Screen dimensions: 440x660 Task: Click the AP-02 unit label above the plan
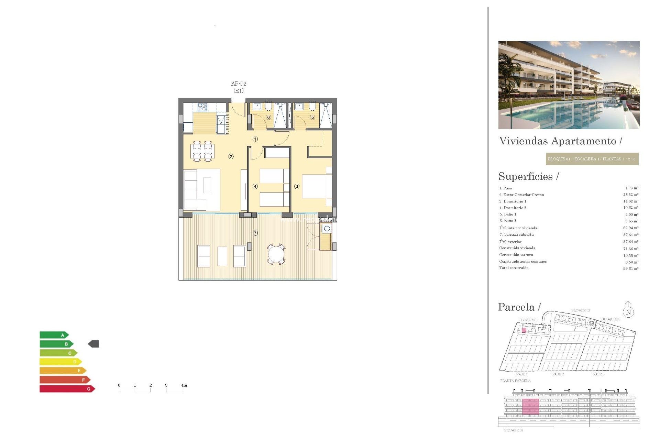click(x=239, y=84)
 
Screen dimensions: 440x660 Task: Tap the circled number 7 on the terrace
click(x=255, y=233)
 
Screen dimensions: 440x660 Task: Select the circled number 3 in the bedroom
click(x=297, y=186)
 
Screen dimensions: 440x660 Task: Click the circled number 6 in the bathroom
click(x=268, y=117)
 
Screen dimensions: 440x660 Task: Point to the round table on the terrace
click(x=276, y=255)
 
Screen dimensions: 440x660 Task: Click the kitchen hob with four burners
click(x=202, y=107)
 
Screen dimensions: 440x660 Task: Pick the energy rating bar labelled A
click(x=54, y=335)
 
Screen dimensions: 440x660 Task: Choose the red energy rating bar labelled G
click(x=67, y=389)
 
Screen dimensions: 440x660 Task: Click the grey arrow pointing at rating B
click(x=93, y=344)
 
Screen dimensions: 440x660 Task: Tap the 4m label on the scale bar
click(x=184, y=385)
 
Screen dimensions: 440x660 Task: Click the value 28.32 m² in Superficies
click(x=630, y=195)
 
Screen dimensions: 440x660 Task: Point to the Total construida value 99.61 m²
click(x=630, y=268)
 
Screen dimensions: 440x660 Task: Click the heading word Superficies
click(x=526, y=176)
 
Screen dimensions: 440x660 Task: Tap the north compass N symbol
click(x=628, y=312)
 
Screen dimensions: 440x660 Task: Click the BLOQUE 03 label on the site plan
click(x=610, y=319)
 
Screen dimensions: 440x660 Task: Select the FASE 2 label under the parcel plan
click(x=558, y=374)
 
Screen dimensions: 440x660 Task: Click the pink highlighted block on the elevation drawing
click(x=530, y=406)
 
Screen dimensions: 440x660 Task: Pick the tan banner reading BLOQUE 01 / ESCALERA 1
click(x=592, y=159)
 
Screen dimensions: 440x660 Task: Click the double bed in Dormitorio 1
click(x=316, y=186)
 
